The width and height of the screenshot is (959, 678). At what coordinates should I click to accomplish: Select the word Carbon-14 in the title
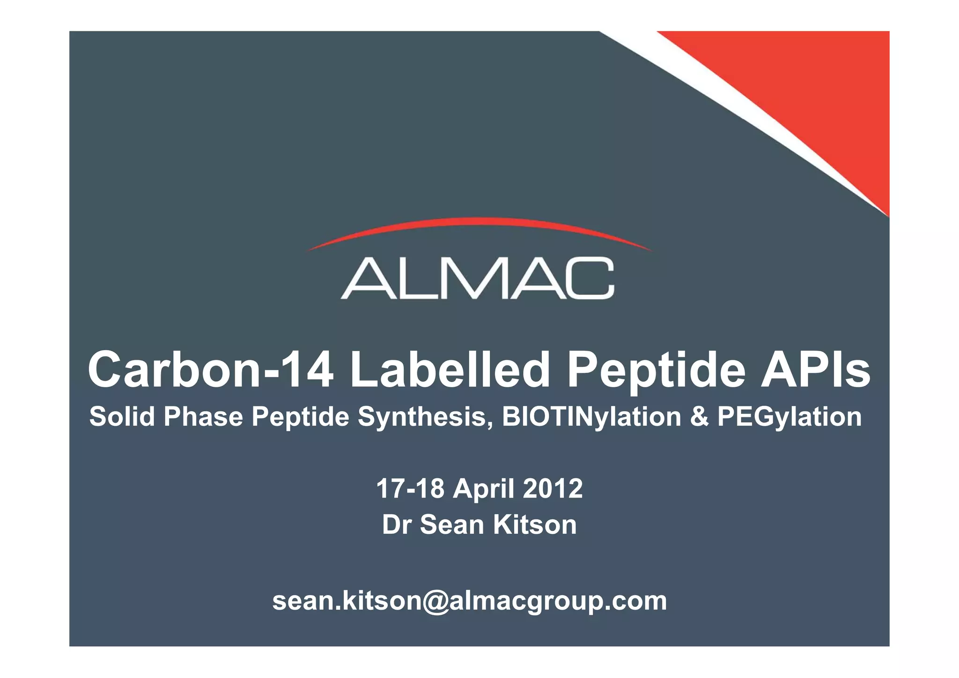coord(211,370)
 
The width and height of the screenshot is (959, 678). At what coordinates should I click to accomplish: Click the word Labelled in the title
coord(450,370)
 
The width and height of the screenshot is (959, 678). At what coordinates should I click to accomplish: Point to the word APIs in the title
coord(815,370)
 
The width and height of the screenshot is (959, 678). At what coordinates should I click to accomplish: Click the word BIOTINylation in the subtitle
coord(591,417)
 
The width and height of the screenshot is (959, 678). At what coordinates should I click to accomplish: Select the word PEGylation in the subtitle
coord(789,417)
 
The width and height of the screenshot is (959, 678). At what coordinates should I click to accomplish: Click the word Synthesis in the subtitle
coord(425,417)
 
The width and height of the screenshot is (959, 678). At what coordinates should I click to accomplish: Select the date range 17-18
coord(410,488)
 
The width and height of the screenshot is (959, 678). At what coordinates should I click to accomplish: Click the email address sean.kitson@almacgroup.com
coord(470,601)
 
